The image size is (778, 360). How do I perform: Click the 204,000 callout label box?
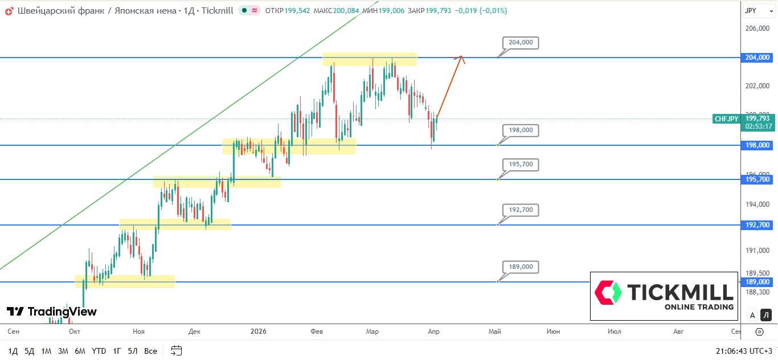click(x=521, y=42)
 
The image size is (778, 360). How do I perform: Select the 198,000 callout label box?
click(x=521, y=130)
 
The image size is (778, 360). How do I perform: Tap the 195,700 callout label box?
click(x=521, y=164)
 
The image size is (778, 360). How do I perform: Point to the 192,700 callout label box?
click(x=521, y=210)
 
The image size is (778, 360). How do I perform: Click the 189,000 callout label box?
click(x=521, y=267)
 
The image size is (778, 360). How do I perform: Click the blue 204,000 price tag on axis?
click(x=758, y=58)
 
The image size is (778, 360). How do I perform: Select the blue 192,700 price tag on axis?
click(x=758, y=225)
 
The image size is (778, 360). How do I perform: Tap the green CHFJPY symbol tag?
click(x=726, y=119)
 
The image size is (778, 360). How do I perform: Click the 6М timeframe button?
click(x=80, y=350)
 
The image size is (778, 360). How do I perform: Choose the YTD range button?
click(x=99, y=350)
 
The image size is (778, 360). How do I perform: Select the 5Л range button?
click(x=133, y=350)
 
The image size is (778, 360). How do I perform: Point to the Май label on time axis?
click(x=495, y=331)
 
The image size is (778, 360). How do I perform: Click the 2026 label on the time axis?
click(x=259, y=331)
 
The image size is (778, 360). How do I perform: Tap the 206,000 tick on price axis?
click(x=757, y=28)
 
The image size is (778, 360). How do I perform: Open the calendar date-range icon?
click(x=177, y=350)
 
